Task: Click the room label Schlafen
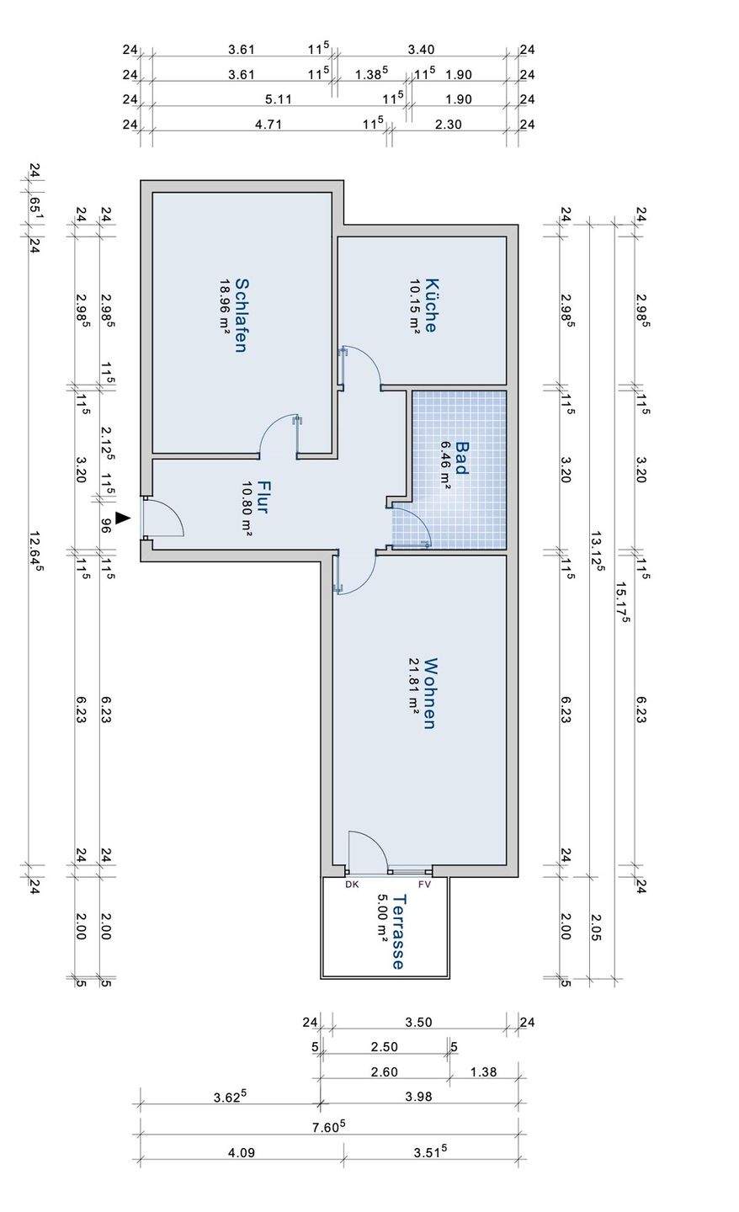(241, 316)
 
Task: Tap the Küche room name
(430, 306)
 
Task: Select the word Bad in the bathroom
(461, 459)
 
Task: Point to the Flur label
(263, 497)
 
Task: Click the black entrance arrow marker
(123, 518)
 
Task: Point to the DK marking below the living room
(352, 884)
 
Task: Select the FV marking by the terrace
(425, 884)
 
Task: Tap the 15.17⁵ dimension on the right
(625, 601)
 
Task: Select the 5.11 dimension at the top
(278, 99)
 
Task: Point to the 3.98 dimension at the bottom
(418, 1097)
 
